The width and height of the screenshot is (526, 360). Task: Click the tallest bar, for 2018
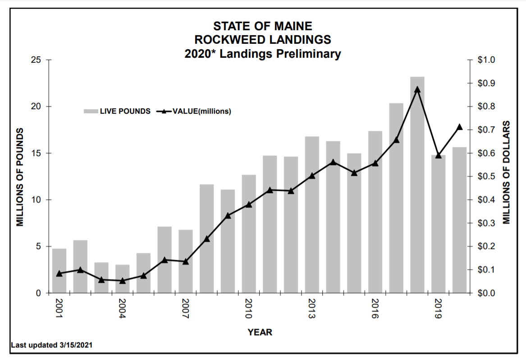pyautogui.click(x=417, y=185)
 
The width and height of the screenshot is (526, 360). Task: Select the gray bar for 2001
pyautogui.click(x=59, y=271)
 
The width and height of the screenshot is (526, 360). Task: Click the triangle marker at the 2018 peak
pyautogui.click(x=417, y=89)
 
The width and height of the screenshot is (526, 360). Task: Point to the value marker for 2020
pyautogui.click(x=459, y=127)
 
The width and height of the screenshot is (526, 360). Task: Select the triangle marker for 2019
pyautogui.click(x=438, y=155)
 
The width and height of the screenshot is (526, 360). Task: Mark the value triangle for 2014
pyautogui.click(x=333, y=162)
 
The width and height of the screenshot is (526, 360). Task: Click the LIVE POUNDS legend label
pyautogui.click(x=125, y=111)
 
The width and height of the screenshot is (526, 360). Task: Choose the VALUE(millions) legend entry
pyautogui.click(x=201, y=111)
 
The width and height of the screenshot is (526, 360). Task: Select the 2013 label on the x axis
pyautogui.click(x=311, y=308)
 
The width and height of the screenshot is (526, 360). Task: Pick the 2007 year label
pyautogui.click(x=185, y=308)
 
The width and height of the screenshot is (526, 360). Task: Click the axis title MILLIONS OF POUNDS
pyautogui.click(x=20, y=177)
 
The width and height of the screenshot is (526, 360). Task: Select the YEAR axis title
pyautogui.click(x=260, y=332)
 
